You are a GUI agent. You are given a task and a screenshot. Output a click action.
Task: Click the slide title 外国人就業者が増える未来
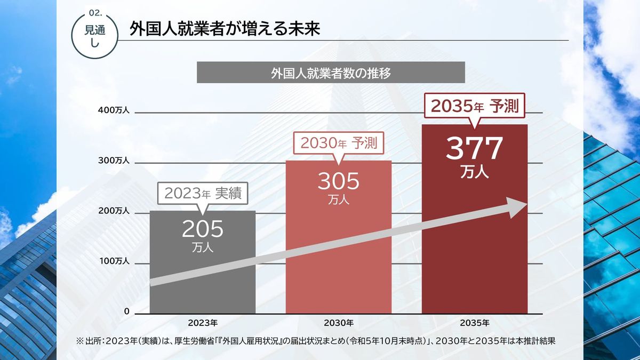pos(225,29)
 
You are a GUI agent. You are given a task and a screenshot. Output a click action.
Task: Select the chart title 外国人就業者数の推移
pos(331,73)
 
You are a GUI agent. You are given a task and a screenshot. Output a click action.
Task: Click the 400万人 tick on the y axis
pos(114,110)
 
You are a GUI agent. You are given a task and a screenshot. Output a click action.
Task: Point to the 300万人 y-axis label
pos(114,161)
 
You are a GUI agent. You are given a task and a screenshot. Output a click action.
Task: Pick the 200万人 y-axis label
pos(114,211)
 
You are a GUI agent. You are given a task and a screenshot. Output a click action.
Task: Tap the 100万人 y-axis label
pos(114,261)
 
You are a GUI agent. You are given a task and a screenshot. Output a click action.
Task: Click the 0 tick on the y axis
pos(126,311)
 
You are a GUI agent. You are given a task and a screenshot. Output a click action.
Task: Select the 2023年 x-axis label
pos(203,323)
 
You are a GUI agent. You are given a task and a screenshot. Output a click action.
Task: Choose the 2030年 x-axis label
pos(339,323)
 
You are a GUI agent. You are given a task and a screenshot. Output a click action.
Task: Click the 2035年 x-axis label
pos(475,323)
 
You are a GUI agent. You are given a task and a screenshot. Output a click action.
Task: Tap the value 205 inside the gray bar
pos(203,229)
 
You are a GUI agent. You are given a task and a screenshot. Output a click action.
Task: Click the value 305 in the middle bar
pos(339,182)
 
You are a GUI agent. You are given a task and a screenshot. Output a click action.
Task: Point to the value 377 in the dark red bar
pos(475,149)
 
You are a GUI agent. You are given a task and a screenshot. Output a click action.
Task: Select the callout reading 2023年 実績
pos(203,194)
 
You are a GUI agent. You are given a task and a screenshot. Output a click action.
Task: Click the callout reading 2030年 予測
pos(339,143)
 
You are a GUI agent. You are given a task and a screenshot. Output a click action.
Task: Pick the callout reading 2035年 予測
pos(475,106)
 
